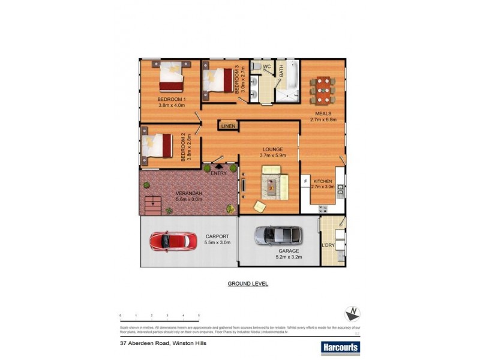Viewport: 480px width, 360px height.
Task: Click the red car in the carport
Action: pyautogui.click(x=173, y=241)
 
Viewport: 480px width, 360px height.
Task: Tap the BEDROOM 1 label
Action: pyautogui.click(x=172, y=99)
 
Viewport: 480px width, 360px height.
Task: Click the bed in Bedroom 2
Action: pyautogui.click(x=158, y=145)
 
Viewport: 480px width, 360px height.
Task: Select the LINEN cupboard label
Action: pyautogui.click(x=227, y=127)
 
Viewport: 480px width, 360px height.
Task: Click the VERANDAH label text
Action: pyautogui.click(x=189, y=193)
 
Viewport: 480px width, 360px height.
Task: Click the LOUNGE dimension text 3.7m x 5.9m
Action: pyautogui.click(x=273, y=155)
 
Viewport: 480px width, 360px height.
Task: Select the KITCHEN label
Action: pyautogui.click(x=323, y=181)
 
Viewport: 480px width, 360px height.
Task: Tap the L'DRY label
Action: pyautogui.click(x=328, y=246)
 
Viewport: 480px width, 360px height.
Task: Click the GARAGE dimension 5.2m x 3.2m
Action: pyautogui.click(x=288, y=257)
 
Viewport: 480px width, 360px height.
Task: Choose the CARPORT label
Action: pyautogui.click(x=217, y=236)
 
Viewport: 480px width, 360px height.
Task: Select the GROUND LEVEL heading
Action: pyautogui.click(x=247, y=283)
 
